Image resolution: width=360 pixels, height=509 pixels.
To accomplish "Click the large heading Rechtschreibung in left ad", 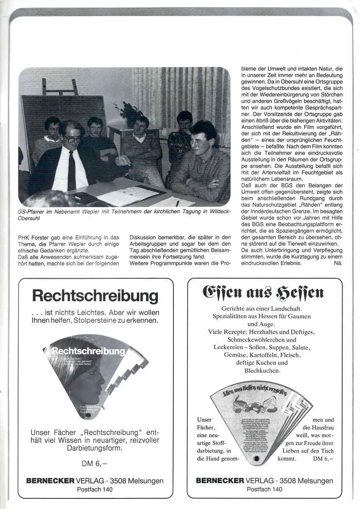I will tap(95, 295).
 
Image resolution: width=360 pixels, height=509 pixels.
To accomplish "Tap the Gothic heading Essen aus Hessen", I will tap(264, 292).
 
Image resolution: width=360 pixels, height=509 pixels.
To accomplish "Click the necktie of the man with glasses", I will tap(72, 170).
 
